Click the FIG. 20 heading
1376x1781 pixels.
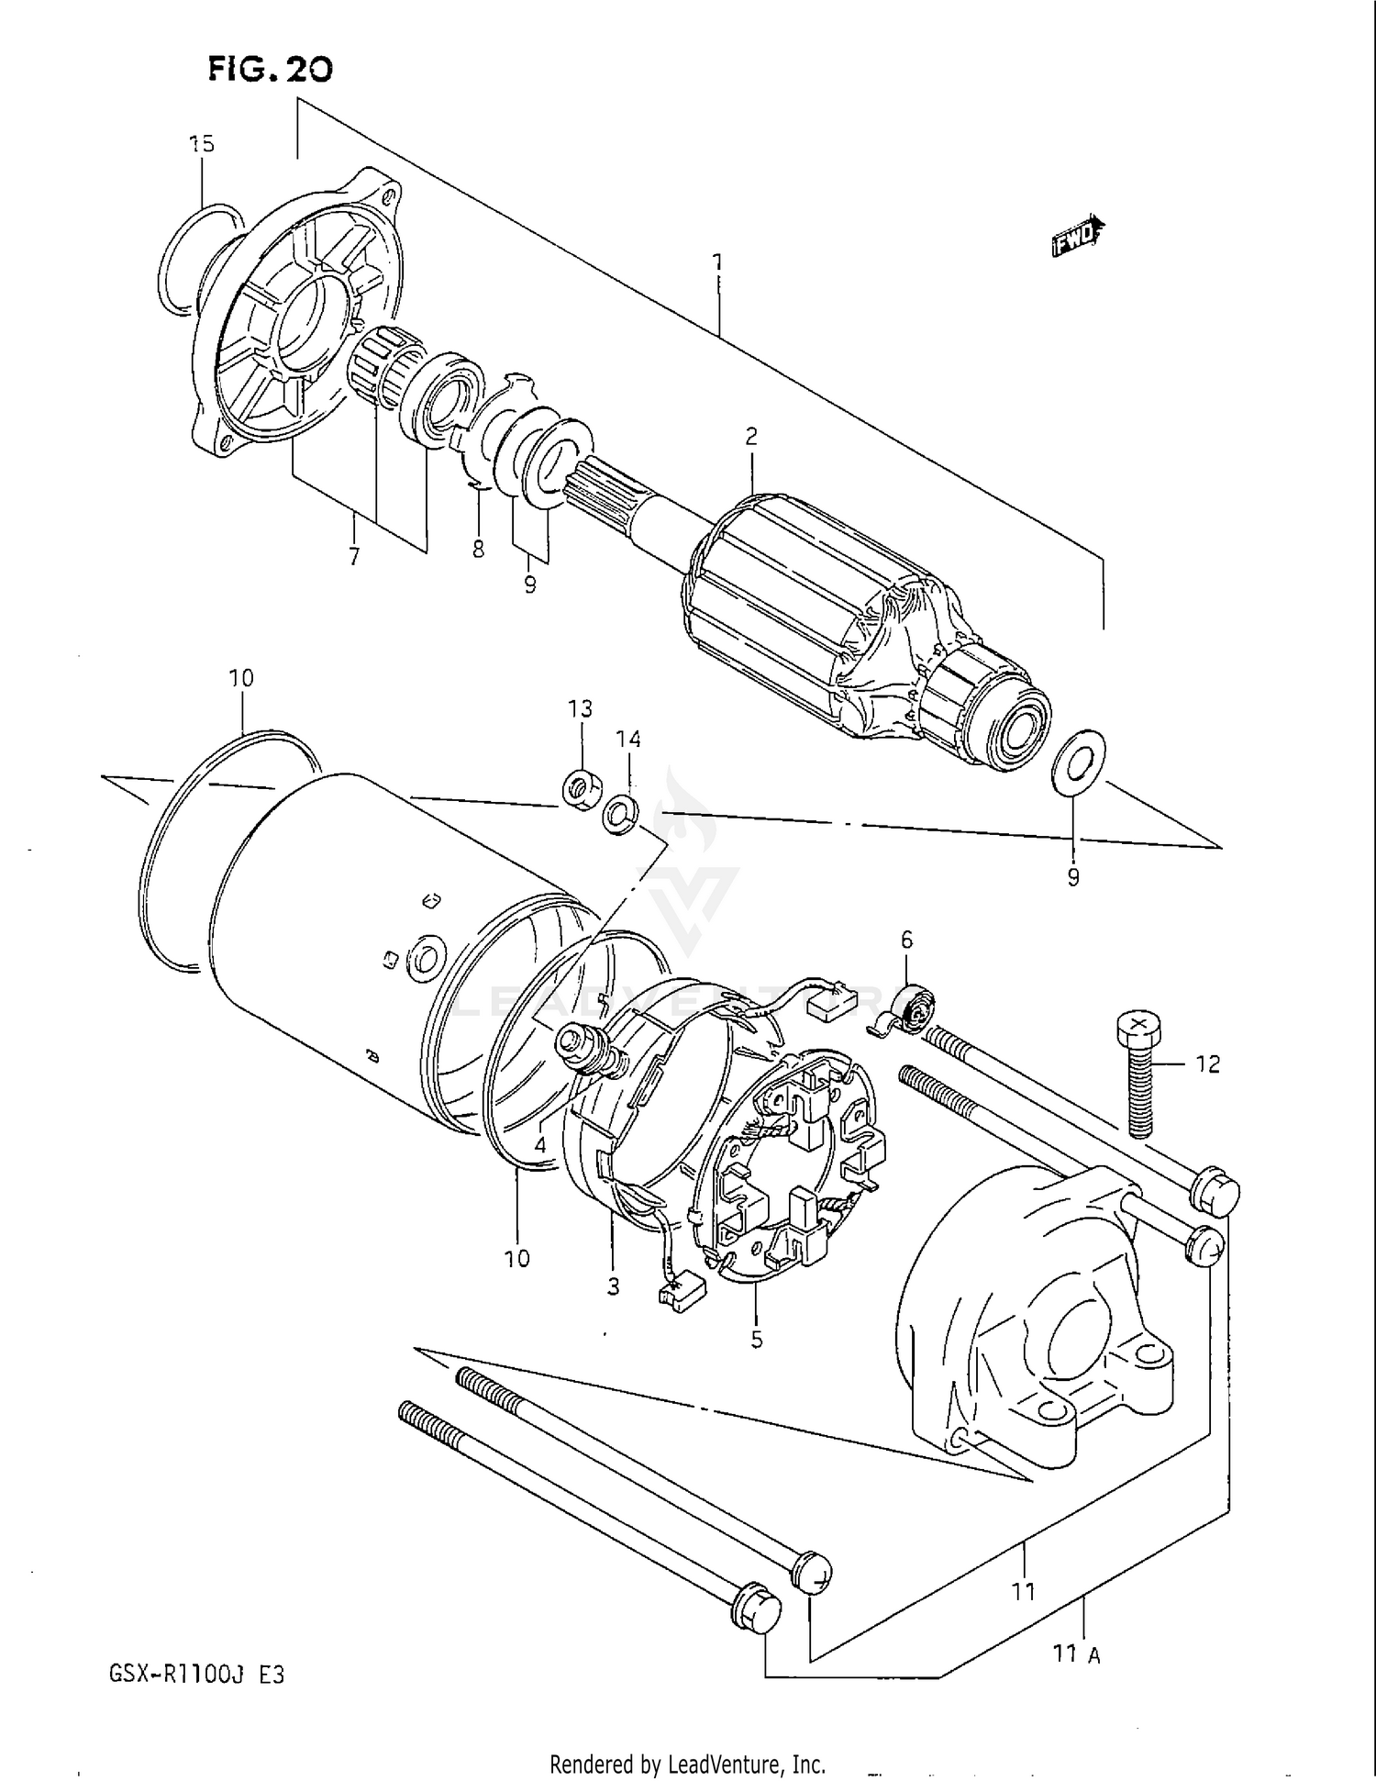click(x=270, y=69)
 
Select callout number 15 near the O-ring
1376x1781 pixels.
click(x=201, y=144)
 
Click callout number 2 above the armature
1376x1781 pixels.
click(x=751, y=437)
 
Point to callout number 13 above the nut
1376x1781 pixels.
click(x=580, y=708)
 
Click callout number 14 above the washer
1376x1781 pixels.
click(x=628, y=739)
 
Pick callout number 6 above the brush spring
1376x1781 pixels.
click(x=906, y=940)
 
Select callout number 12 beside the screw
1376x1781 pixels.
click(x=1208, y=1063)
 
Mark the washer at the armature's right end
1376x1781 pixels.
click(x=1078, y=761)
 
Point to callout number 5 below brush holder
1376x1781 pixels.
click(x=756, y=1340)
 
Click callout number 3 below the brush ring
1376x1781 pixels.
click(x=613, y=1286)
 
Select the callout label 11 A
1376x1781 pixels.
click(x=1076, y=1654)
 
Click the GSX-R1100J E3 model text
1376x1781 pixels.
click(x=196, y=1674)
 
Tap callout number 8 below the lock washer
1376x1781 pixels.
click(x=478, y=550)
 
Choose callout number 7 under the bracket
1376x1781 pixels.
click(x=354, y=556)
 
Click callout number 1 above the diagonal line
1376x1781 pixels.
click(x=717, y=263)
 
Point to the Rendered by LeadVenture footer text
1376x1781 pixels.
click(x=687, y=1764)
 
